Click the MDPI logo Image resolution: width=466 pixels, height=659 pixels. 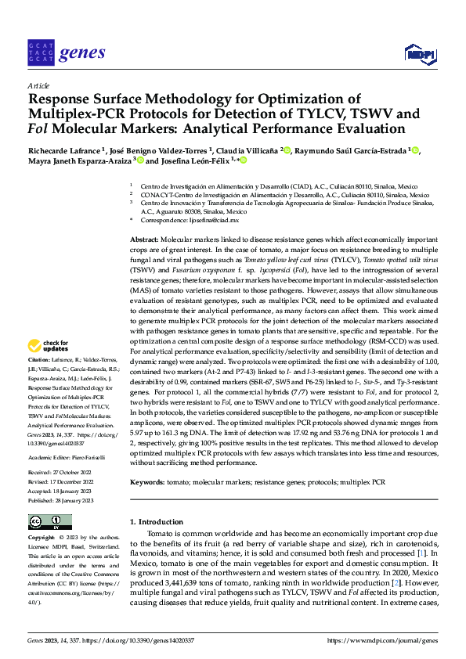coord(419,53)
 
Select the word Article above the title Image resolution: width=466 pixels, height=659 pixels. coord(38,85)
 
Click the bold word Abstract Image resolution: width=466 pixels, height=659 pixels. coord(145,238)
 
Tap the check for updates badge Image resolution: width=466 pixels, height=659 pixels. coord(49,345)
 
